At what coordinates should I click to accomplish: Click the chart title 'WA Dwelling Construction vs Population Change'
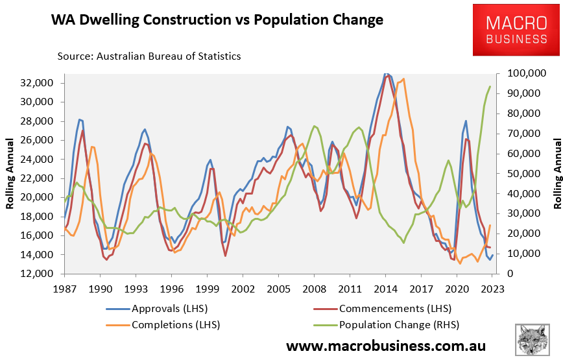tap(217, 20)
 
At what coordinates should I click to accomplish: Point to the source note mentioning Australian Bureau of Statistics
tap(149, 56)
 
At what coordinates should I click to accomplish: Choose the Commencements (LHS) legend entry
tap(395, 308)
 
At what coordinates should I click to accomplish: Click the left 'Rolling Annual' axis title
tap(11, 178)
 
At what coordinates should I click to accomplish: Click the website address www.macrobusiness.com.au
tap(385, 345)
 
